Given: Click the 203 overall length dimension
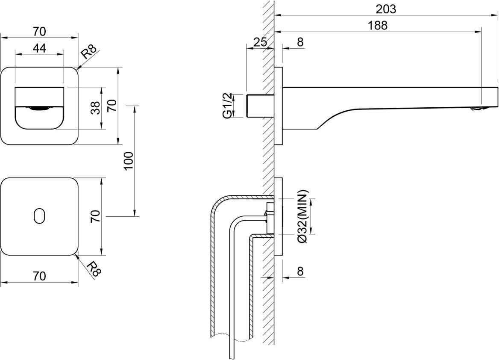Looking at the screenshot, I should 386,9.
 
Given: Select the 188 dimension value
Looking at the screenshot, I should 378,25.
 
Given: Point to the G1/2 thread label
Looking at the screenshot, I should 228,105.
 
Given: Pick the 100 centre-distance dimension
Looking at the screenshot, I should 130,161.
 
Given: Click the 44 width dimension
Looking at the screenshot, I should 39,48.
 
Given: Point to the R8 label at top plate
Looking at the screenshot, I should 88,52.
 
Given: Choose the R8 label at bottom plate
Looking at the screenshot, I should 92,269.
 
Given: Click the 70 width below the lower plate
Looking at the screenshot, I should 39,276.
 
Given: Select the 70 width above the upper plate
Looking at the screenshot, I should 39,32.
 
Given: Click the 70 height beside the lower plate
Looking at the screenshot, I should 95,216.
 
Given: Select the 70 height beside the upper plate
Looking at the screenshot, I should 112,105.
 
